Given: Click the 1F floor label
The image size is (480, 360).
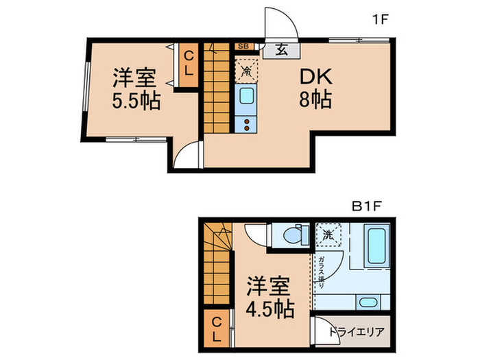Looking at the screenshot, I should pos(381,19).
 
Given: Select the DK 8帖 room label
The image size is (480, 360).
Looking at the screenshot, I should pos(314,88).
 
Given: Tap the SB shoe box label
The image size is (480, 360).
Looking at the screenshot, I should pos(243,47).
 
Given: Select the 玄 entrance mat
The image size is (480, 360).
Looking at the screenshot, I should pos(282,49).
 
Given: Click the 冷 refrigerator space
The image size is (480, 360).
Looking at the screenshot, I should pos(245,69).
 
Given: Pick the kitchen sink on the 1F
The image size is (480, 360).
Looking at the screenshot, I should pos(245,99).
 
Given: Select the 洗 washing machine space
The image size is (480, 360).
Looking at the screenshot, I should pos(328,234).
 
